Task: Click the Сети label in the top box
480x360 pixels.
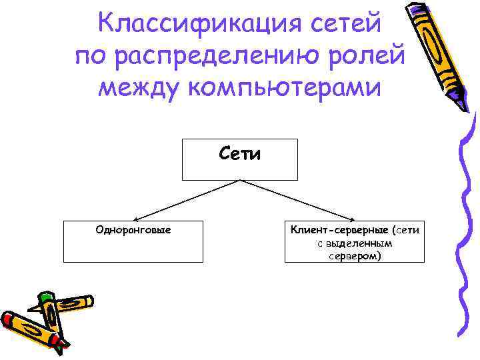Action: point(240,154)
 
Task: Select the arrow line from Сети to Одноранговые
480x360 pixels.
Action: point(180,200)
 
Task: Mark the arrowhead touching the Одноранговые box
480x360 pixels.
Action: point(136,219)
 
